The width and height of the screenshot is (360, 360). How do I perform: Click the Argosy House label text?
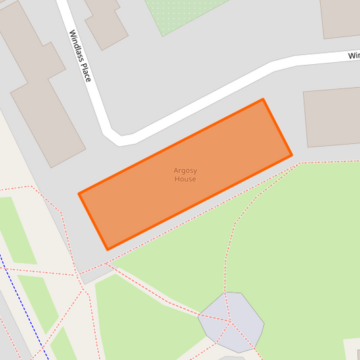click(x=185, y=175)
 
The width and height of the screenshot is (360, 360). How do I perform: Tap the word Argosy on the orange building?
click(x=185, y=170)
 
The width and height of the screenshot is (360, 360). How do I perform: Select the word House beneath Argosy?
click(x=185, y=180)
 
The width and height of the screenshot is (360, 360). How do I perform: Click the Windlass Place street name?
click(x=79, y=56)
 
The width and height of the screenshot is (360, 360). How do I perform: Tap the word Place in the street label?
click(x=84, y=72)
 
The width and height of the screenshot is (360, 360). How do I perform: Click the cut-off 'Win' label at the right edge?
click(x=353, y=55)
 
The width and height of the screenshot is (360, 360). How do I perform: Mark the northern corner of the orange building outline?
click(x=263, y=99)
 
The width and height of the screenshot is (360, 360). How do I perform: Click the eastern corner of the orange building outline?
click(x=292, y=155)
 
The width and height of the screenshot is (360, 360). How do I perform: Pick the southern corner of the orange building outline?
click(x=107, y=250)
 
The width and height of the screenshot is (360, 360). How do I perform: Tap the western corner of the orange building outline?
click(x=79, y=194)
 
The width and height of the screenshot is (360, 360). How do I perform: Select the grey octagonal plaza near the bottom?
click(x=231, y=322)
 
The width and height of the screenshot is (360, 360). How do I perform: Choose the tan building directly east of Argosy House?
click(x=332, y=116)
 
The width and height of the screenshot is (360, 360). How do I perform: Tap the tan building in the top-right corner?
click(x=340, y=17)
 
